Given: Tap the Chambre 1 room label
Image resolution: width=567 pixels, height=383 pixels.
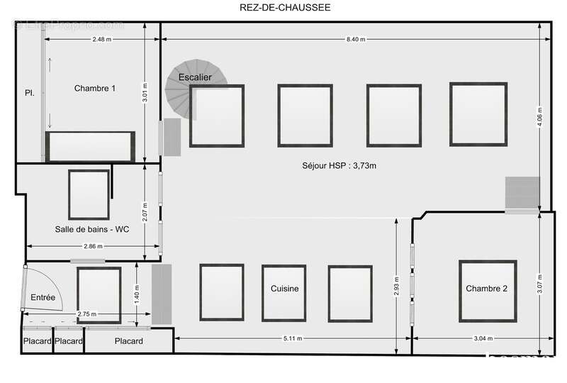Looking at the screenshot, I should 95,89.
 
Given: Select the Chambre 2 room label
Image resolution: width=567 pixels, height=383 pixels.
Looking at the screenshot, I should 487,289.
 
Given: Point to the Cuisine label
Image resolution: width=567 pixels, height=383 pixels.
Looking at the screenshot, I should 285,289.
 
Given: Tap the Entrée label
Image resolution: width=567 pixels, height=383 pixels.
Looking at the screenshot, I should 43,298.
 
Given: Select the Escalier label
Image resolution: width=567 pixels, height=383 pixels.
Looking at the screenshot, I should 195,77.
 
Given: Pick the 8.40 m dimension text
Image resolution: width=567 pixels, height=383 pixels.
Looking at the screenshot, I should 356,40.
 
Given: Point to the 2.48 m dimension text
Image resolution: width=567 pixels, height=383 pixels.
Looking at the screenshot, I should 101,40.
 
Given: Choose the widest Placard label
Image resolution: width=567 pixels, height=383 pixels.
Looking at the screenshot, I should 128,341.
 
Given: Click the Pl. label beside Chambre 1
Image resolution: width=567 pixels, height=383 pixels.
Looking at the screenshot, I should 30,93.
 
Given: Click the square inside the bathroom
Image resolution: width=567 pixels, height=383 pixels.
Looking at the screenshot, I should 89,195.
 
